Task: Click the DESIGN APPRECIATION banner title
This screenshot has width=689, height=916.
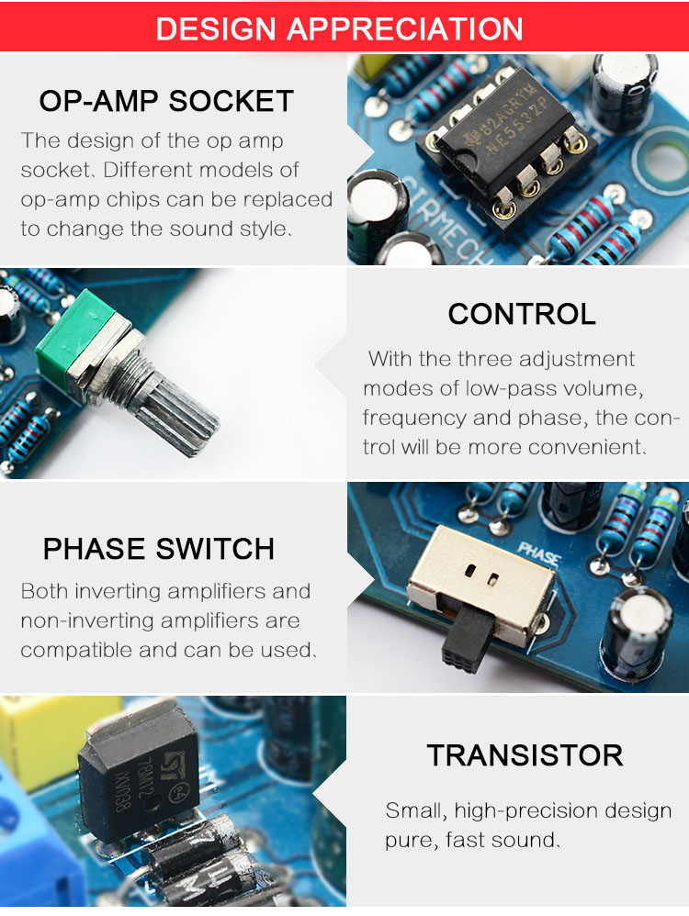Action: click(x=339, y=28)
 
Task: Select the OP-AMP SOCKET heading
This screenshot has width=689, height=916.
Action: click(x=166, y=101)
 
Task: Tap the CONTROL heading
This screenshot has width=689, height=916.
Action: click(x=522, y=314)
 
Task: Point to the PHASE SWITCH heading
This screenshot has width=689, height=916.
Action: click(x=159, y=549)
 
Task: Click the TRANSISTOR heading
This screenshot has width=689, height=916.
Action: click(x=525, y=755)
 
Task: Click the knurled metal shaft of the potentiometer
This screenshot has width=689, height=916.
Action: click(x=175, y=409)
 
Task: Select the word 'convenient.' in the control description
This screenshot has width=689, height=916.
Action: click(x=587, y=448)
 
